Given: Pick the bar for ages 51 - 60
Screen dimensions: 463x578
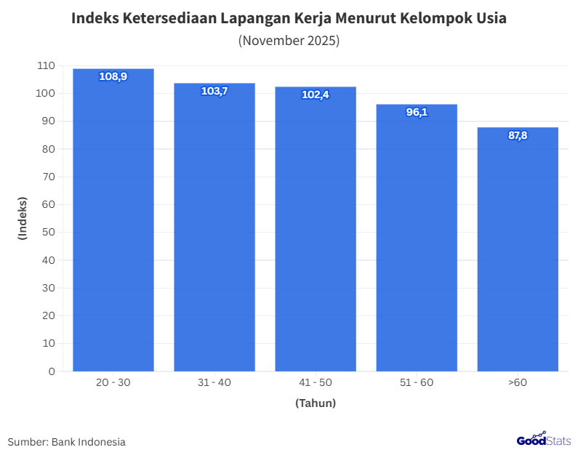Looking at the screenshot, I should tap(417, 240).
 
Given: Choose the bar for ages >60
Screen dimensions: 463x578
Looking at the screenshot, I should tap(518, 251).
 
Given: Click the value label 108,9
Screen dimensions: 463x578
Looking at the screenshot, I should tap(113, 76).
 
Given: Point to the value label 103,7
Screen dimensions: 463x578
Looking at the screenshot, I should tap(214, 91).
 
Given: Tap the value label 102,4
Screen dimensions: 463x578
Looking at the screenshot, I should tap(316, 94).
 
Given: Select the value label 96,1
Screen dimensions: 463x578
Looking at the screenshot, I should tap(417, 112).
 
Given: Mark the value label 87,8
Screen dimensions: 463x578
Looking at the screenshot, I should tap(518, 135).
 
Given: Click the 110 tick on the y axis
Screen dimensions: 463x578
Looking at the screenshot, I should tap(46, 65).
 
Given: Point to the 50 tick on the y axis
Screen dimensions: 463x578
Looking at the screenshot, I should tap(49, 233).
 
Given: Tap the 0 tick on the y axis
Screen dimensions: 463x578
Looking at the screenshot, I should tap(52, 371).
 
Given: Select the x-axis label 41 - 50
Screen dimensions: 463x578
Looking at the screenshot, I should tap(316, 382).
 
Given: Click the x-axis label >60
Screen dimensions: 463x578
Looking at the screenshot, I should tap(518, 382).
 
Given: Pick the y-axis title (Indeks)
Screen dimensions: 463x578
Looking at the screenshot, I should tap(23, 218).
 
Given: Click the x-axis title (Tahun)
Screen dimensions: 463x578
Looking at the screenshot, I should tap(316, 403).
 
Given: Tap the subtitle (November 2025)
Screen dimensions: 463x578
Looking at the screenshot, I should tap(289, 41).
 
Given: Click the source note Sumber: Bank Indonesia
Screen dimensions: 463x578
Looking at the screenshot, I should tap(67, 442).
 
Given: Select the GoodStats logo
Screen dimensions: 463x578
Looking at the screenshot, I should tap(544, 439).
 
